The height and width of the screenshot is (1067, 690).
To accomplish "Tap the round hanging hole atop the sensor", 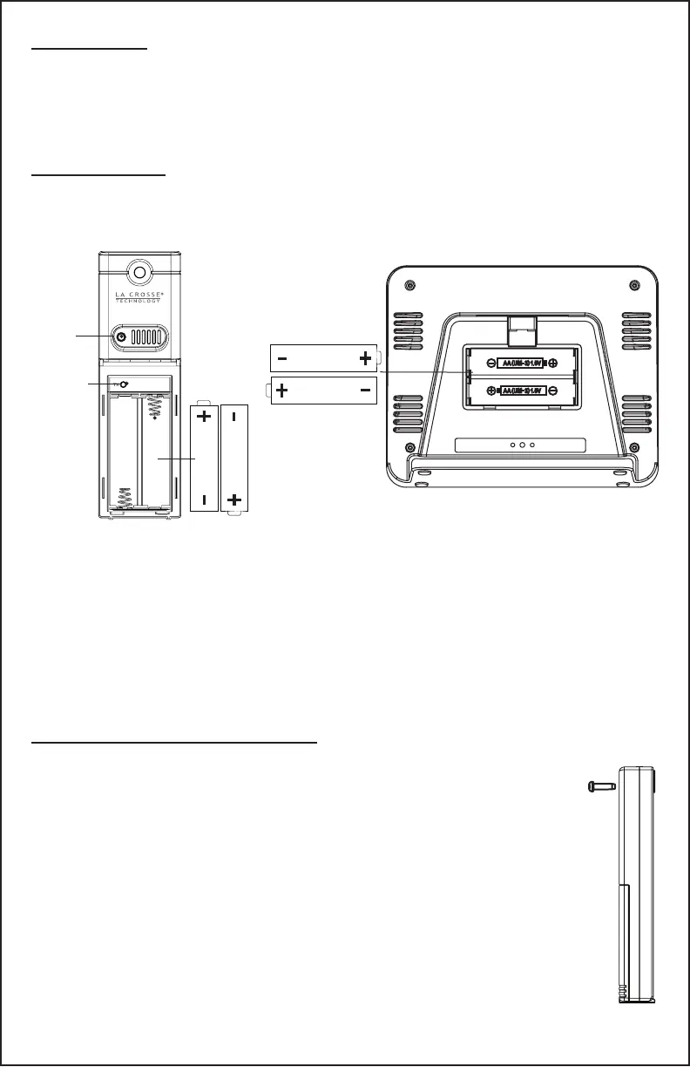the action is point(139,271).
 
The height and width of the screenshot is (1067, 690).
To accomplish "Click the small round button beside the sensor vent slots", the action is point(120,336).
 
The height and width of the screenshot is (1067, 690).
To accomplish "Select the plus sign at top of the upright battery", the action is point(204,417).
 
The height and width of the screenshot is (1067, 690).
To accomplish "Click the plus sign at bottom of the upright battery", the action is point(233,500).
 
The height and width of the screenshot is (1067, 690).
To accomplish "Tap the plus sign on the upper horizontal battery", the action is point(364,358).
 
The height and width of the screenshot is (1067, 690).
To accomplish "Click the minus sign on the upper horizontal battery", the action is point(283,358).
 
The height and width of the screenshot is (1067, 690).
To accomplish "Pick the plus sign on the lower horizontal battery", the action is point(281,391).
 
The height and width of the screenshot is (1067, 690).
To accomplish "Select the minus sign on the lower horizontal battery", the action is point(366,391).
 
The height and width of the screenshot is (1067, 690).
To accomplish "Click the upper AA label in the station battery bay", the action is point(521,363).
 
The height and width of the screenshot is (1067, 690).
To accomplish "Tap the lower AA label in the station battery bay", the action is point(521,391).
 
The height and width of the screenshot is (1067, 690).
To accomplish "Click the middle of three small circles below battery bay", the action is point(521,445).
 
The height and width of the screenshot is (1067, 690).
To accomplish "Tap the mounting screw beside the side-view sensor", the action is point(600,786).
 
